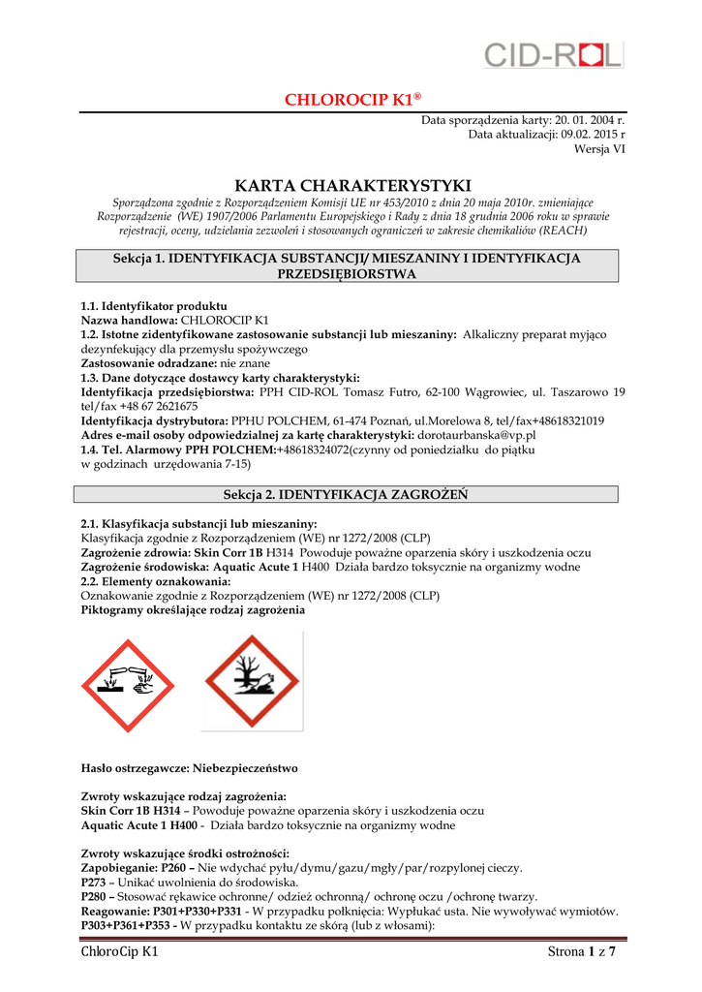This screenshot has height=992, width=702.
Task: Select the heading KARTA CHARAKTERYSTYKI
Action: (x=352, y=185)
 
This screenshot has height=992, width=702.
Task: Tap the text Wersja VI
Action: (x=599, y=148)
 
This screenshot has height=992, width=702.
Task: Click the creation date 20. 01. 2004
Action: (x=589, y=119)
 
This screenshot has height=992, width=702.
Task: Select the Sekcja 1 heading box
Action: (x=347, y=265)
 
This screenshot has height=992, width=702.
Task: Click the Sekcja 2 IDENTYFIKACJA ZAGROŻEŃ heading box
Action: (x=347, y=494)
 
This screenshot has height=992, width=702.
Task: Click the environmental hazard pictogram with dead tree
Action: (x=251, y=681)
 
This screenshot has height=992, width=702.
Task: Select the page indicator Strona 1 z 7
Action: (x=581, y=952)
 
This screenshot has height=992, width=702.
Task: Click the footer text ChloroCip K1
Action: (x=119, y=952)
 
